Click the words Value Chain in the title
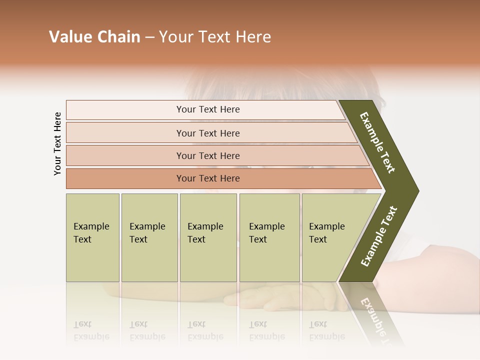tap(94, 37)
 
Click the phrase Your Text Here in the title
tap(215, 37)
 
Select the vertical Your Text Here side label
tap(57, 144)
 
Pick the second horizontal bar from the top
tap(207, 133)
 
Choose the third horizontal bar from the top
tap(207, 155)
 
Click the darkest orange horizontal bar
tap(207, 178)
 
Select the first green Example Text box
tap(92, 237)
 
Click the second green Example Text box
tap(149, 237)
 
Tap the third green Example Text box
tap(208, 237)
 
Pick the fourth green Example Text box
tap(269, 237)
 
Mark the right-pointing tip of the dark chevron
tap(416, 191)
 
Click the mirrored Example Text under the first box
tap(91, 330)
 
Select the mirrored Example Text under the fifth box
tap(326, 330)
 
